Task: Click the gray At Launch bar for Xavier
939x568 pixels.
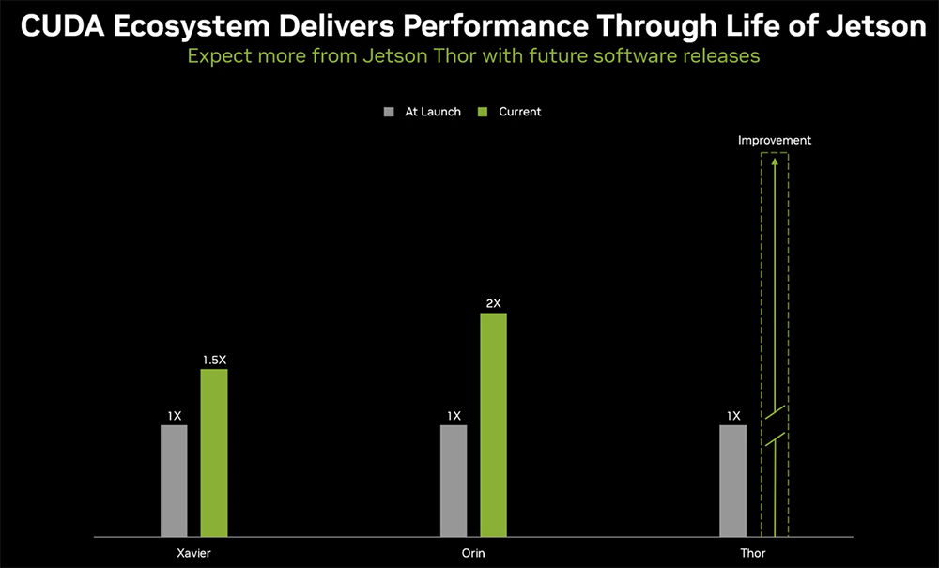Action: pyautogui.click(x=174, y=481)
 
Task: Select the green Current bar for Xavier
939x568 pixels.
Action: pyautogui.click(x=214, y=453)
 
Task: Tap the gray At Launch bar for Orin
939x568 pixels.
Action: pyautogui.click(x=454, y=481)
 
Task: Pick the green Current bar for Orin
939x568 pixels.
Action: pyautogui.click(x=493, y=424)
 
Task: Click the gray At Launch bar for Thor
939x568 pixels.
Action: pyautogui.click(x=733, y=481)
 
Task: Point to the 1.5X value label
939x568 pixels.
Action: pyautogui.click(x=215, y=360)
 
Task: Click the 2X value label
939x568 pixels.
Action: pyautogui.click(x=494, y=303)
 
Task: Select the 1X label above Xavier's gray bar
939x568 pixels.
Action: pyautogui.click(x=175, y=416)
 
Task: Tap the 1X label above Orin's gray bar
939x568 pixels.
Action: pyautogui.click(x=454, y=416)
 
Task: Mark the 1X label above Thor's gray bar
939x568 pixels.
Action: pyautogui.click(x=733, y=416)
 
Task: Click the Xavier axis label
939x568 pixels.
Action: pyautogui.click(x=193, y=553)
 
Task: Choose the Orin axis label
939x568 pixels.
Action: pyautogui.click(x=473, y=553)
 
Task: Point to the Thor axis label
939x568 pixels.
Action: pyautogui.click(x=752, y=553)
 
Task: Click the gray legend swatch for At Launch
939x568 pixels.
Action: pyautogui.click(x=390, y=112)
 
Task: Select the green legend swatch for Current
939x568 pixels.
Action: pyautogui.click(x=484, y=112)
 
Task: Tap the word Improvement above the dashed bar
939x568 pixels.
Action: pyautogui.click(x=775, y=140)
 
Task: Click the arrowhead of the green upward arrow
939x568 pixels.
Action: pyautogui.click(x=775, y=162)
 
